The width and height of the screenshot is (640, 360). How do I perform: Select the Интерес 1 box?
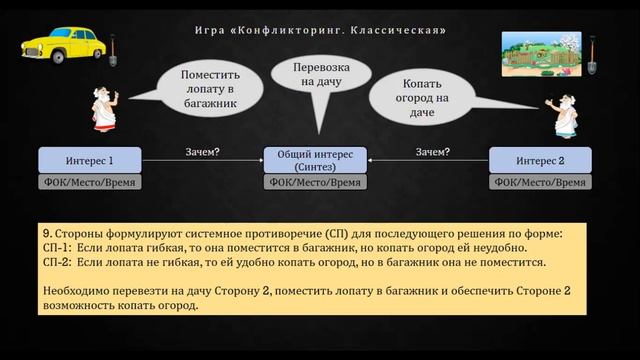pos(89,160)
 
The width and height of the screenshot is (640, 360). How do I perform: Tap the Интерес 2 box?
pos(540,160)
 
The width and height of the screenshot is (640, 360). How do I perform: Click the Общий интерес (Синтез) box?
pos(315,160)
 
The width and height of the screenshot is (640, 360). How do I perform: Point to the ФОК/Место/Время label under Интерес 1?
pos(89,183)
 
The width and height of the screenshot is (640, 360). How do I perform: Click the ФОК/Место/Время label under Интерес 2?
pos(540,183)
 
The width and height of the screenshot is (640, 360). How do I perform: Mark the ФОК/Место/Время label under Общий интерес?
pos(315,183)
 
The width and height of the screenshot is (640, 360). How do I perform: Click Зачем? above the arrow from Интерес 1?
pos(203,152)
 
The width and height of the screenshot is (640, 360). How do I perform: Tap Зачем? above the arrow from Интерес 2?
pos(432,152)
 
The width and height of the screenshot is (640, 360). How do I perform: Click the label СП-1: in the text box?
pos(58,248)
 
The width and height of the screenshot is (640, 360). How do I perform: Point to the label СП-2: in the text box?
pos(58,262)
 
